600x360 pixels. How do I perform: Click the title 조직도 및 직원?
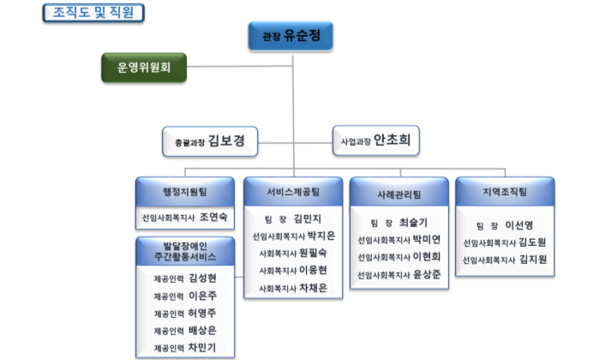(93, 12)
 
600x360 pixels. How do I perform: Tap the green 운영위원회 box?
(144, 67)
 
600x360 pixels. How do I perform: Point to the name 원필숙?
(314, 254)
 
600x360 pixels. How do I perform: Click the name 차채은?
(314, 289)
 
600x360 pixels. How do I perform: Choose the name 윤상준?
(426, 275)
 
